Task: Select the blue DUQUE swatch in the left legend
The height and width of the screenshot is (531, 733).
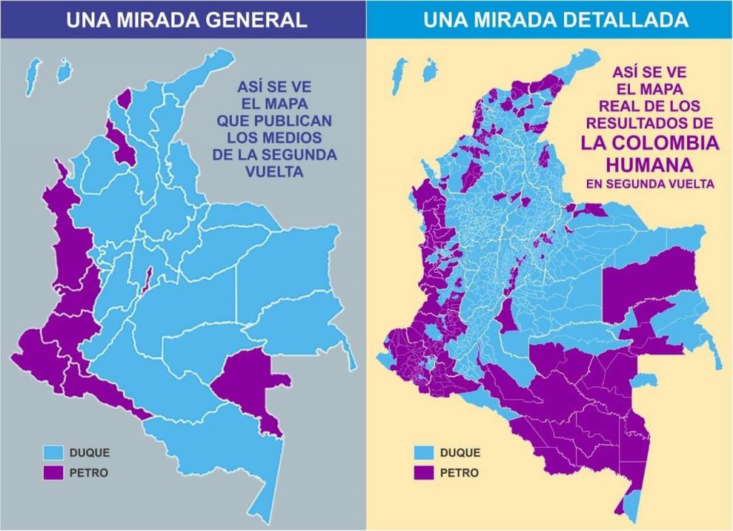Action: pos(53,453)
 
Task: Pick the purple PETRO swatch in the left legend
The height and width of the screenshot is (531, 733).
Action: pos(53,473)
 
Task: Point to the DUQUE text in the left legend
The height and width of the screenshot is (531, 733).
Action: pos(89,453)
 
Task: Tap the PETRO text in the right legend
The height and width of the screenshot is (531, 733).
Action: pos(460,473)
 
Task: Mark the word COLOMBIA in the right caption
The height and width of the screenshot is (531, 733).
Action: pos(649,142)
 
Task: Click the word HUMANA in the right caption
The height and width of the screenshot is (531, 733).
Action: pos(649,165)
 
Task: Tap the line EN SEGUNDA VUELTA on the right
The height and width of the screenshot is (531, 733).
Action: pos(649,184)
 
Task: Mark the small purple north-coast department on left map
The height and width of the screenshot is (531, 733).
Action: pos(125,98)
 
